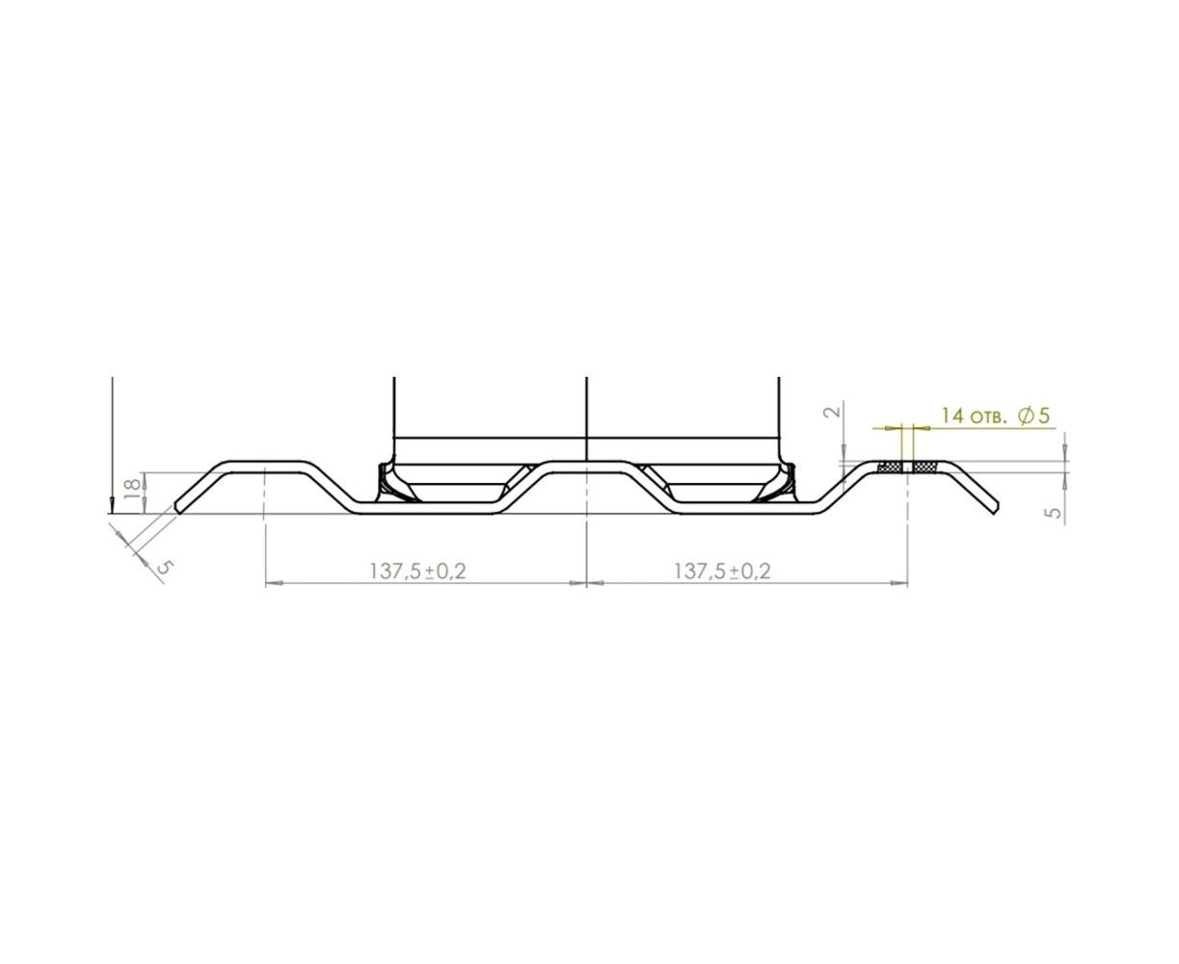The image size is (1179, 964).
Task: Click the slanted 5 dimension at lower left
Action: coord(164,566)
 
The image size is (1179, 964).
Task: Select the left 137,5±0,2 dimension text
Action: coord(417,571)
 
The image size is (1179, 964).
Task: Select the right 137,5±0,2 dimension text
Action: coord(722,571)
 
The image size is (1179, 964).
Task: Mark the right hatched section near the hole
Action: coord(924,468)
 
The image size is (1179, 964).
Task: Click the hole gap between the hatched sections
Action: coord(906,468)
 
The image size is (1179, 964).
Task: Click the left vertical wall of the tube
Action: coord(394,410)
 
